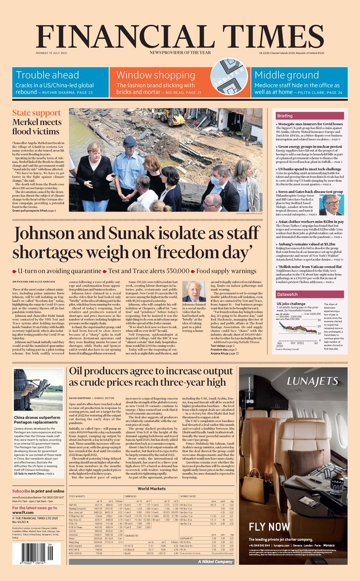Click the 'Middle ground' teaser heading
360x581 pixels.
pos(297,75)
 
